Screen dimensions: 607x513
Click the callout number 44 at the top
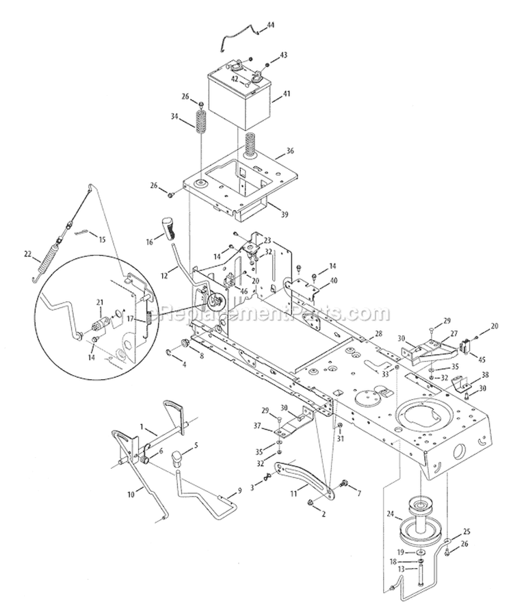[x=270, y=25]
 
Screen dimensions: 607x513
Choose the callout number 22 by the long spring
[x=27, y=254]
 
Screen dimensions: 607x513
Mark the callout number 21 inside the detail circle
[x=99, y=302]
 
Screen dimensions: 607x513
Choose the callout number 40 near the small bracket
[x=333, y=280]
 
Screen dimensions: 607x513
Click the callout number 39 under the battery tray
[x=284, y=214]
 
